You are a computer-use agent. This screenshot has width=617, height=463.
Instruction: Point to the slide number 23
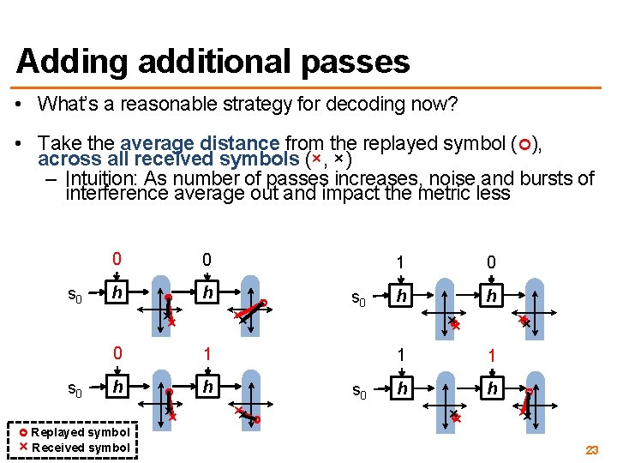591,450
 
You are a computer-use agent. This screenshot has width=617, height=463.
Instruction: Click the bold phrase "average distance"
201,144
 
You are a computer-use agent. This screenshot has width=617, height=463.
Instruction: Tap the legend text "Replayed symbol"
80,432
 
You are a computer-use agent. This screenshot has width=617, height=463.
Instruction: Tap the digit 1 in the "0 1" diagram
206,352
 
